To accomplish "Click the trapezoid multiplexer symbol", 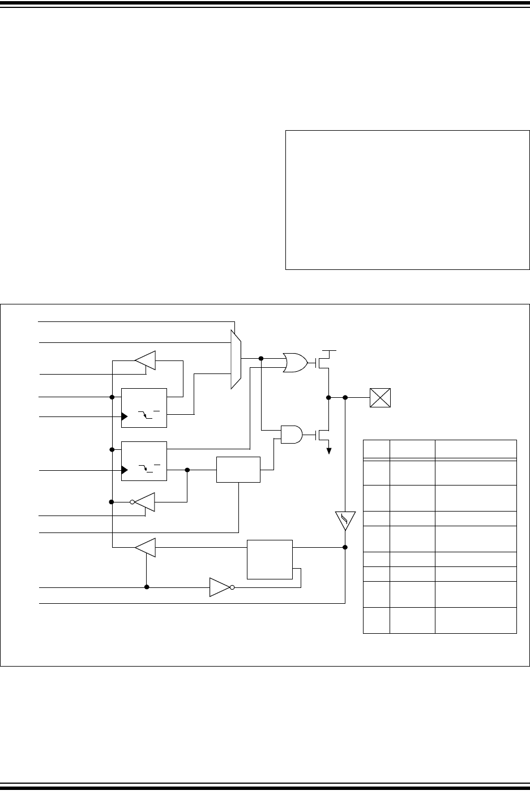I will point(236,359).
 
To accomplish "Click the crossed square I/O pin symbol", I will point(381,397).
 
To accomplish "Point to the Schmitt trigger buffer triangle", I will point(345,520).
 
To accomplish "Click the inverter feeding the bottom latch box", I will point(220,587).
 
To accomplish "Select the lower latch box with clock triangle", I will point(144,461).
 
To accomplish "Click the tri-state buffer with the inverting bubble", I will point(144,501).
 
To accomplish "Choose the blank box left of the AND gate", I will point(238,469).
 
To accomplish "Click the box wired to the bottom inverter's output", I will point(270,559).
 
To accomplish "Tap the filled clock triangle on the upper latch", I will point(125,417).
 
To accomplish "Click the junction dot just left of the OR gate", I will point(261,358).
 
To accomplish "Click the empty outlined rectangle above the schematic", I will point(407,200).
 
